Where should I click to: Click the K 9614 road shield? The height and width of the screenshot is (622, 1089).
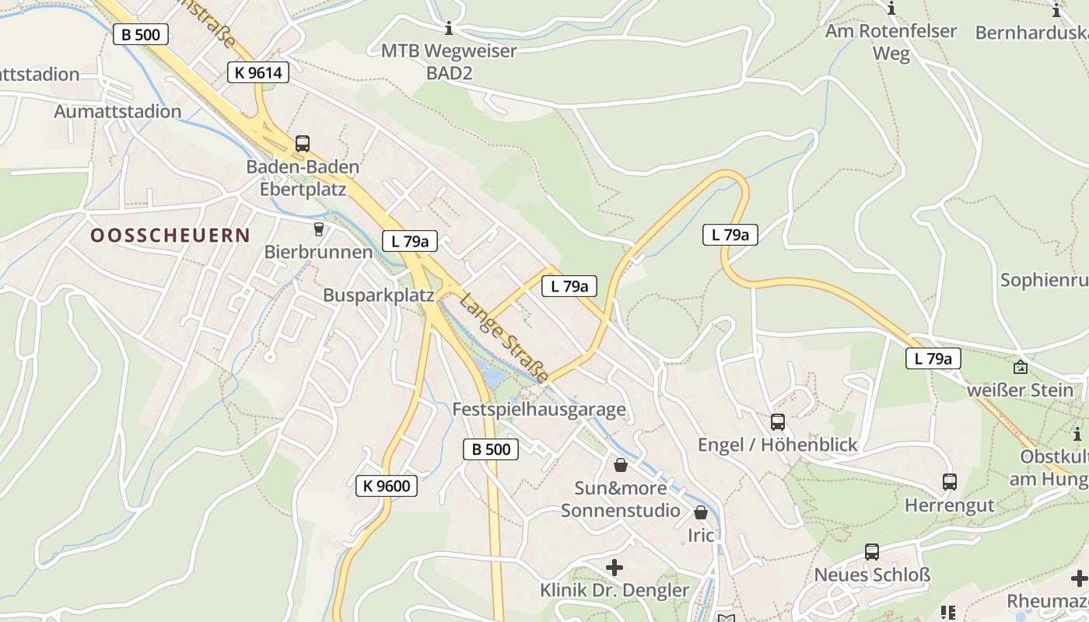coord(258,73)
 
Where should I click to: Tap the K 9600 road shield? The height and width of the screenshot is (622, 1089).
coord(387,487)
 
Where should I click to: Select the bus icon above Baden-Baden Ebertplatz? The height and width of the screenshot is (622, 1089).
coord(302,144)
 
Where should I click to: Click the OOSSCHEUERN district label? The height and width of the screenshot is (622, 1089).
coord(170,236)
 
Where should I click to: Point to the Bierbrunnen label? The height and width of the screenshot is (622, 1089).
coord(318,252)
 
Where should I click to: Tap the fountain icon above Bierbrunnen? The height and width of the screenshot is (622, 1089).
coord(317,229)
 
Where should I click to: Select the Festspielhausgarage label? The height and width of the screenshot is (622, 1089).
coord(539,410)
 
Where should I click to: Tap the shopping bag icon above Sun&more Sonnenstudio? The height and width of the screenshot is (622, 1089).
coord(621,465)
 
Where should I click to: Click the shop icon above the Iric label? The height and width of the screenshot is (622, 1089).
coord(701,512)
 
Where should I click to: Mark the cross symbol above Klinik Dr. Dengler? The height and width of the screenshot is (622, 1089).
coord(615,568)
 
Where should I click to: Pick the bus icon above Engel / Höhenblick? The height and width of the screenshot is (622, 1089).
coord(777,422)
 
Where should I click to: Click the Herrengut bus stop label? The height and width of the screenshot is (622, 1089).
coord(949,505)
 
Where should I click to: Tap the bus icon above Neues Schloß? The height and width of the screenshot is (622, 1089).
coord(872,552)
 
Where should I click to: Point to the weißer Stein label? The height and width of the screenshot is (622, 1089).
coord(1019,390)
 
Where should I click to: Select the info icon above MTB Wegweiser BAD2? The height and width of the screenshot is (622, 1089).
coord(449,30)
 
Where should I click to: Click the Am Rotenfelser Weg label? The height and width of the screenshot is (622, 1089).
coord(891,42)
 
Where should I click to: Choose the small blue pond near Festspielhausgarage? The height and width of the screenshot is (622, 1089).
coord(492,378)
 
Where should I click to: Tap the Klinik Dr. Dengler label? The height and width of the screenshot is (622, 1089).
coord(615,591)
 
